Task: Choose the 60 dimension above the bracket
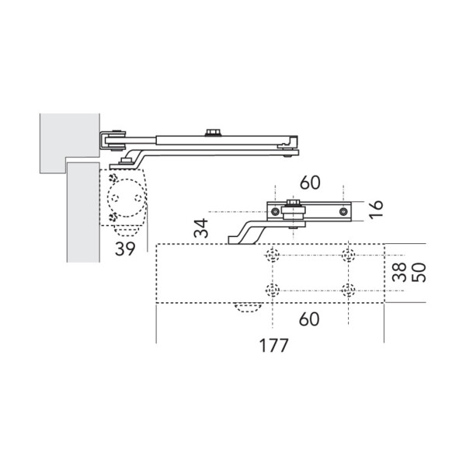tap(309, 184)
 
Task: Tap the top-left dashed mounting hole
tap(273, 256)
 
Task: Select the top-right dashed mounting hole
tap(349, 256)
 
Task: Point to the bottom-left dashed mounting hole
tap(273, 290)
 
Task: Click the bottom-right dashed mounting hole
tap(349, 290)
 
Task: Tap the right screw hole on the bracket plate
tap(339, 211)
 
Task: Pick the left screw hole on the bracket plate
tap(274, 211)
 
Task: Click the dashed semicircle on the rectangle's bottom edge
tap(247, 308)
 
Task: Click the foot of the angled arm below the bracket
tap(235, 240)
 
